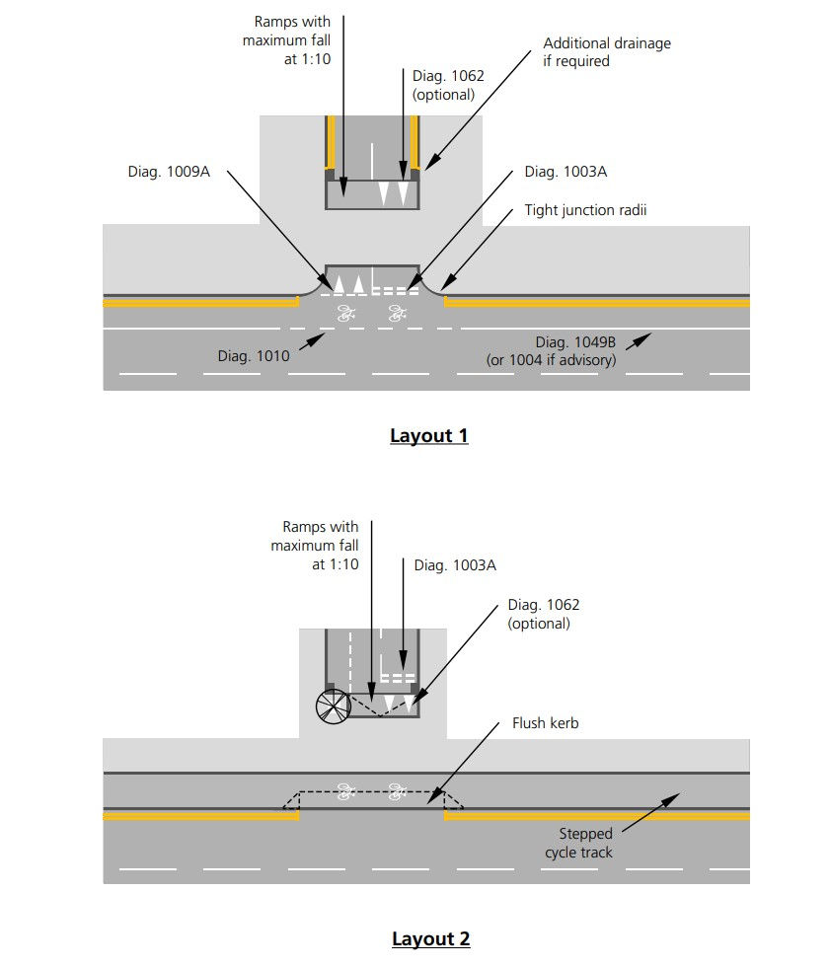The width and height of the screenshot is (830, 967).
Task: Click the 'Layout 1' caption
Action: [x=428, y=436]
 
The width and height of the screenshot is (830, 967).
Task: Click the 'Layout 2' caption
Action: [x=430, y=938]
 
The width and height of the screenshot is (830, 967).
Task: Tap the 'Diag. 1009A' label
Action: [x=169, y=172]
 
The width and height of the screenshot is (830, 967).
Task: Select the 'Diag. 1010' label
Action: [x=254, y=356]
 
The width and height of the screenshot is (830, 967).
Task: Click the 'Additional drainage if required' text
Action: [x=606, y=52]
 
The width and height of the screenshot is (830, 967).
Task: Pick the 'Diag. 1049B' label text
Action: [x=575, y=342]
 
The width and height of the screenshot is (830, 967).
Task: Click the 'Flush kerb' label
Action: [x=545, y=723]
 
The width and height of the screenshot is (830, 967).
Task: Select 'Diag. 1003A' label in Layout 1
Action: [x=566, y=172]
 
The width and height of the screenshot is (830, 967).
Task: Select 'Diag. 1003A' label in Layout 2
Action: [x=454, y=565]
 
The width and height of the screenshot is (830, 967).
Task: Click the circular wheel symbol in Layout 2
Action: [x=333, y=707]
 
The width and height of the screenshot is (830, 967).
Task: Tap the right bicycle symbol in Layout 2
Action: [x=398, y=790]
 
